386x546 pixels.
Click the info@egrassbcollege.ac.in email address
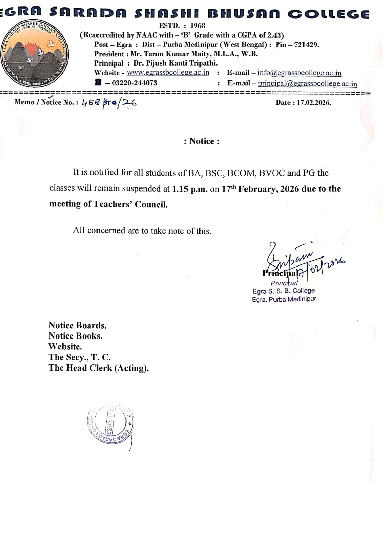point(299,73)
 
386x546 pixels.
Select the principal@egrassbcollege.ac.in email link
point(307,83)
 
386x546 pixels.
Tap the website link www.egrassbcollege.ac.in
point(168,73)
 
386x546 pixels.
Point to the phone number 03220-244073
point(134,83)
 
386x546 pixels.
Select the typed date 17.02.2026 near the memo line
point(313,103)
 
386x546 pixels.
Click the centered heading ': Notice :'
point(202,141)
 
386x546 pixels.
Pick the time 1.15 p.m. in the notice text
point(190,189)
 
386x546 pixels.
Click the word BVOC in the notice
point(271,173)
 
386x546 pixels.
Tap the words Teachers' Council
point(131,204)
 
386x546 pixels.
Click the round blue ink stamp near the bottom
point(110,425)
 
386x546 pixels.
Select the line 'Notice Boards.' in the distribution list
point(77,325)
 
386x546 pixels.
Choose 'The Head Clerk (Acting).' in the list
point(99,368)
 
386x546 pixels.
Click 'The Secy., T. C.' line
point(79,357)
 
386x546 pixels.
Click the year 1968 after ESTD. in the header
point(197,26)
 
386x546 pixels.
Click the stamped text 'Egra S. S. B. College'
point(283,291)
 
